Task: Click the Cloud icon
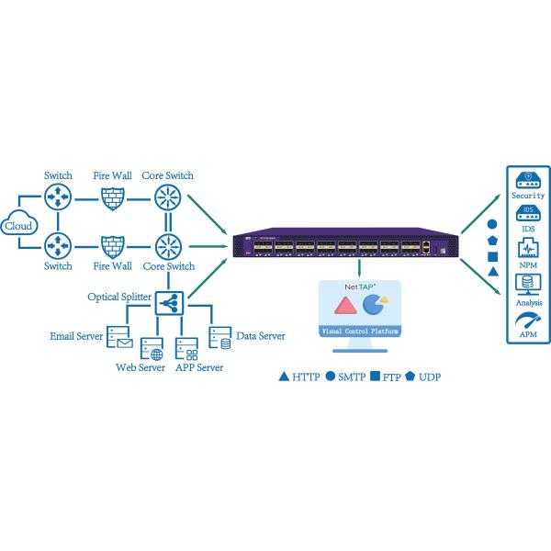18,225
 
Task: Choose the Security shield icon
527,178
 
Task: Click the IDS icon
527,214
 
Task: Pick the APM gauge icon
527,320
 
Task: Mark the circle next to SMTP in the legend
331,377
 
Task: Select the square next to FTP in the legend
377,377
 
